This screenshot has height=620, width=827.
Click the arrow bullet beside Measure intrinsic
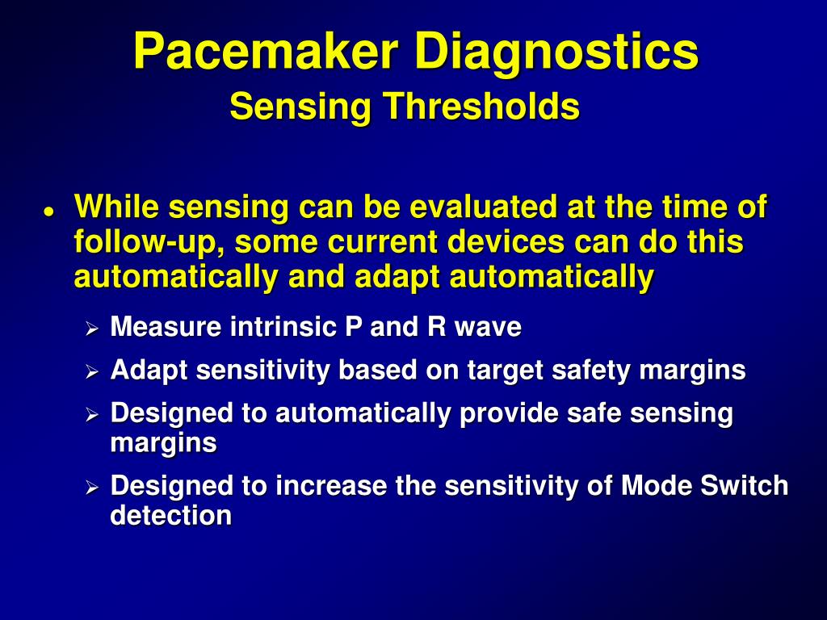[x=92, y=329]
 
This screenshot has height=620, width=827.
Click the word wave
[x=488, y=327]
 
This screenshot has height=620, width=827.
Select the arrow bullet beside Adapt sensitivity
[x=92, y=372]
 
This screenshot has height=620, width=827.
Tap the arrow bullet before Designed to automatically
[x=92, y=416]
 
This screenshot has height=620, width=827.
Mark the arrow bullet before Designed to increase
[x=92, y=488]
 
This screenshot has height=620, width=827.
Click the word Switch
[x=747, y=486]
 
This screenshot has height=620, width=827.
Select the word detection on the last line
[x=170, y=516]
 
